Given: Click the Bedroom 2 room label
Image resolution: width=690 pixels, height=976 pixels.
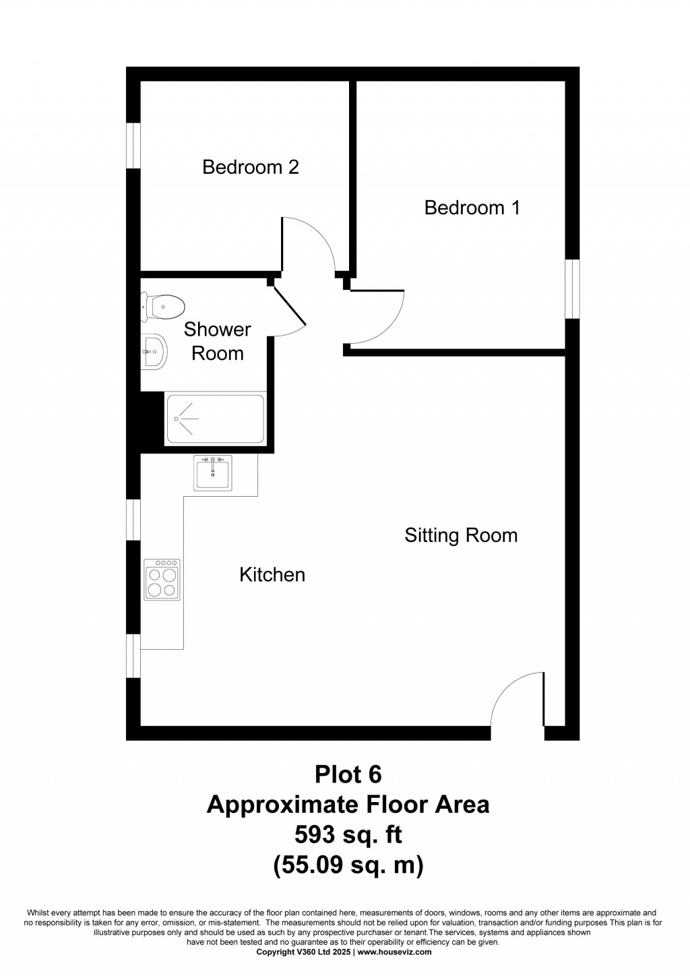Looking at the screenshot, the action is [251, 167].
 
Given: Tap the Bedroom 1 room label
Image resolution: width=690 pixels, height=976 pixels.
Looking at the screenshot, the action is [472, 208].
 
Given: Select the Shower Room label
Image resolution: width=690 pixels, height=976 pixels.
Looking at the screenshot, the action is [217, 341].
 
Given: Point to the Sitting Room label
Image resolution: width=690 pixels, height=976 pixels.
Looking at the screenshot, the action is [461, 535].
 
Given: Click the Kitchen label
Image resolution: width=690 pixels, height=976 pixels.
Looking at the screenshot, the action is [272, 575].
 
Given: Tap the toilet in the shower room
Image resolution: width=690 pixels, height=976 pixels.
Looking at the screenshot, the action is [163, 307].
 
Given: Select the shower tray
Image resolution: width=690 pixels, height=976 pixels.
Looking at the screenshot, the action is [215, 419].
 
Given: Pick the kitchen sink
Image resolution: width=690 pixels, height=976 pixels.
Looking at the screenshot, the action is [212, 473].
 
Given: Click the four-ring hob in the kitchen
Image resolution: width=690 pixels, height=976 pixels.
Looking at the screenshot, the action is [162, 580].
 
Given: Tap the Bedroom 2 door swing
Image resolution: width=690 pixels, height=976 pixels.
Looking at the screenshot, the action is [309, 244].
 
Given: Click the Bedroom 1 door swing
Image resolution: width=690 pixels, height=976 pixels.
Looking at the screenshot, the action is [377, 317].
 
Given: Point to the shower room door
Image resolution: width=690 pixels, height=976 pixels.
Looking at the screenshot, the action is [288, 309].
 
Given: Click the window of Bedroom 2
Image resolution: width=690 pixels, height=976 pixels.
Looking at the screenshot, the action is [133, 145].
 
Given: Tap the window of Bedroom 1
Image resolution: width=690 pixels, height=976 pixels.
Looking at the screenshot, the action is [572, 289].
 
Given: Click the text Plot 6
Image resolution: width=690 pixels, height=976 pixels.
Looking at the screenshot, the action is [348, 774].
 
